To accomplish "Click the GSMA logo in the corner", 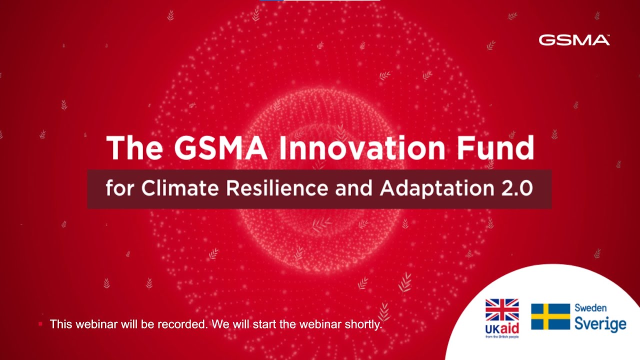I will coord(574,40).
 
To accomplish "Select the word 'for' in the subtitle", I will coord(120,188).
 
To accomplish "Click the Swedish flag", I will coord(550,316).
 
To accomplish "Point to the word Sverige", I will coord(600,323).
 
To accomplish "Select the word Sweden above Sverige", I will coord(590,308).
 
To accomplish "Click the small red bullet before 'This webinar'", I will coord(40,324).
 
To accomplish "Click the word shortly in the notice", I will coord(363,324).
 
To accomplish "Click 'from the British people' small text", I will coord(502,337).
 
